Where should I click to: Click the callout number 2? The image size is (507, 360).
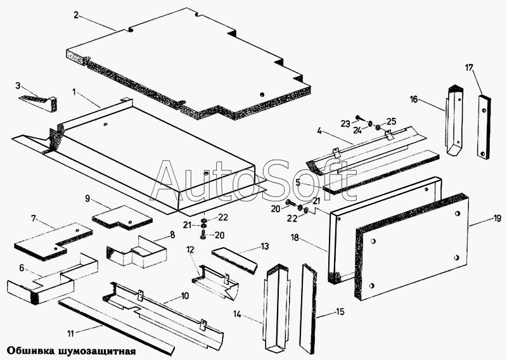coord(76,15)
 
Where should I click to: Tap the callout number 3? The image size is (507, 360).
coord(18,85)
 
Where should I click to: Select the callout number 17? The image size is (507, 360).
coord(470,67)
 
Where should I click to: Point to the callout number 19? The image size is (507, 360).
coord(497,219)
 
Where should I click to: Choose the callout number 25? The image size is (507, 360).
coord(391,121)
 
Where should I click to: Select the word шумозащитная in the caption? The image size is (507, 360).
coord(95,349)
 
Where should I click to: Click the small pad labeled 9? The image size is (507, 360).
coord(122,216)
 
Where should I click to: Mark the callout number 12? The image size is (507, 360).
coord(189,251)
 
